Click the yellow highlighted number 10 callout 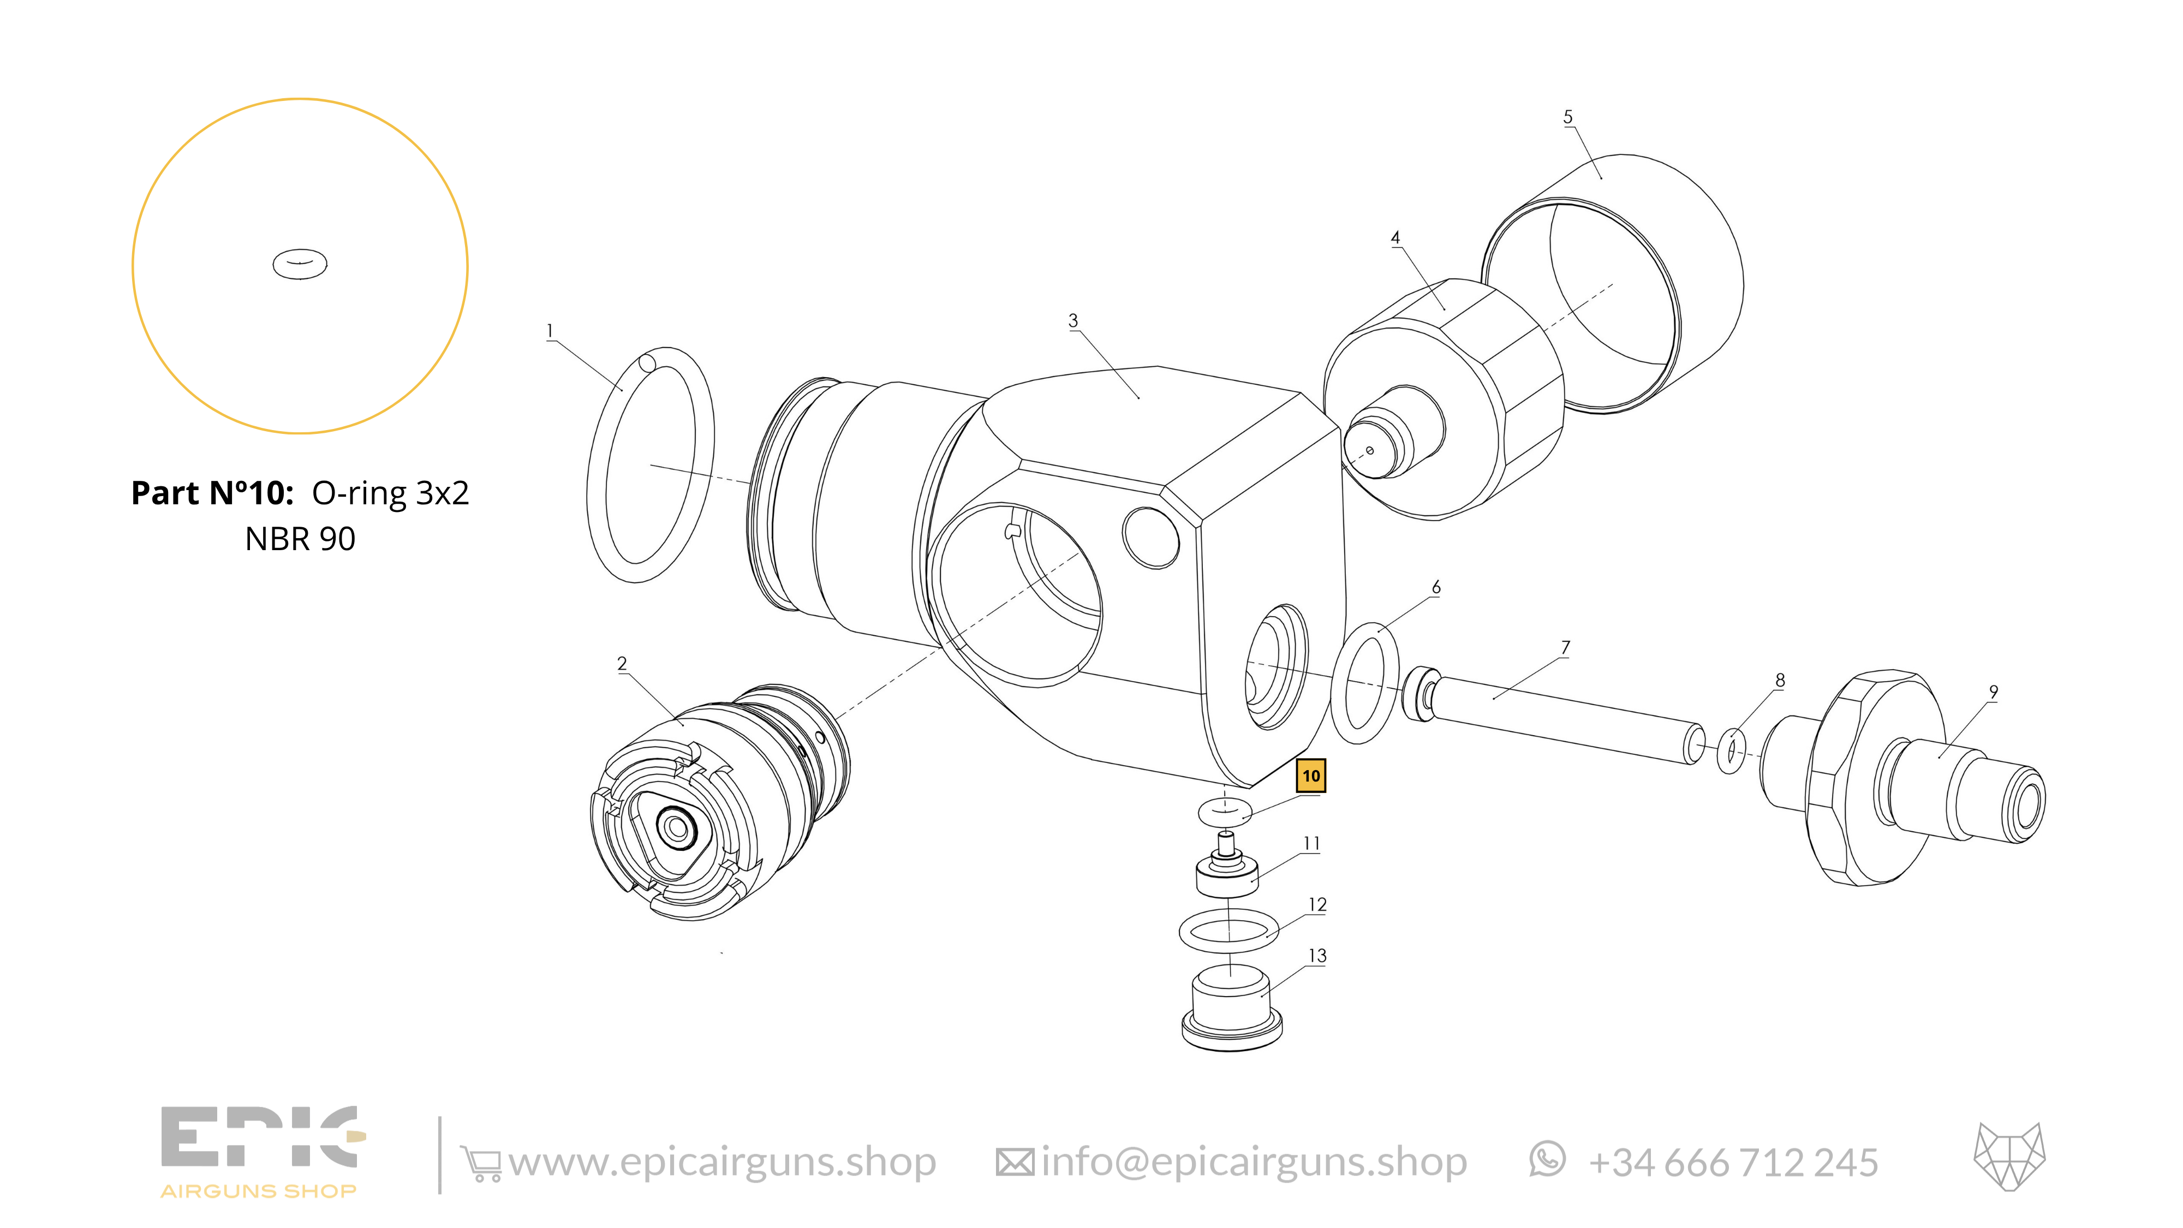point(1310,776)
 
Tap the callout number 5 point(1568,117)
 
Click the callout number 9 point(1993,693)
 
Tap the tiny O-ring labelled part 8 point(1731,750)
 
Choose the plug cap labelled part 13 point(1231,1013)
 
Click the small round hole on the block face point(1150,537)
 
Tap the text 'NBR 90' point(300,539)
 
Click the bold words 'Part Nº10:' point(212,493)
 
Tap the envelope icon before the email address point(1015,1162)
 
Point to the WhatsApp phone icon point(1547,1159)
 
